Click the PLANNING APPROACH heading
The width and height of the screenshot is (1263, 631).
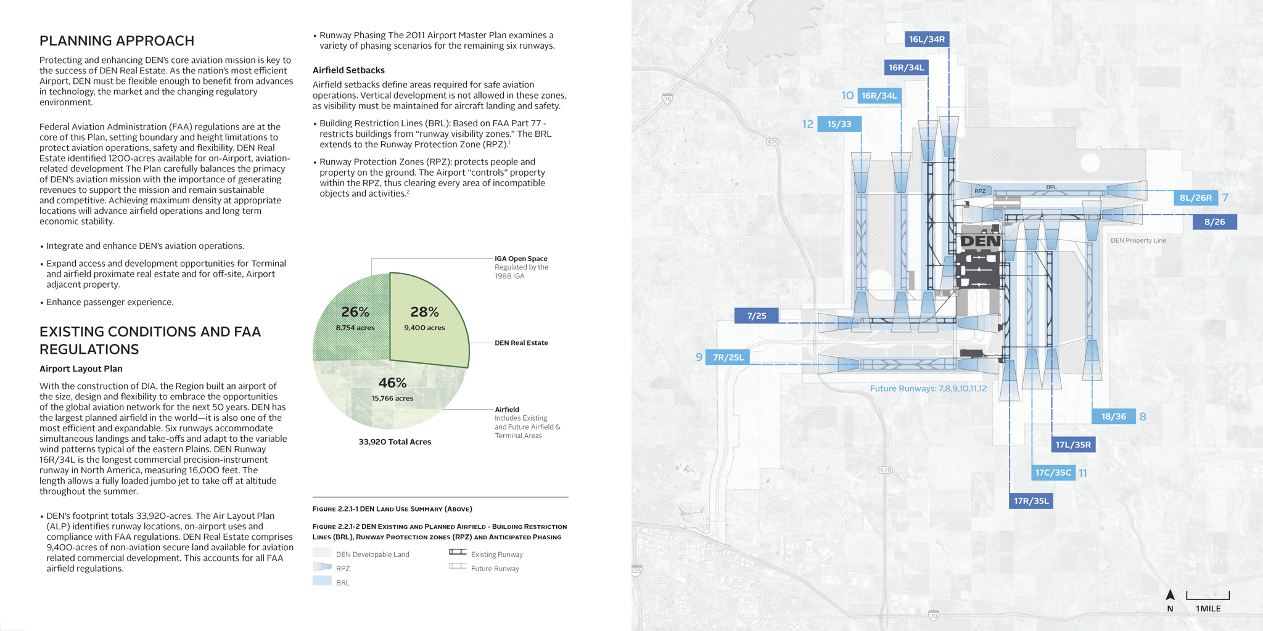coord(117,41)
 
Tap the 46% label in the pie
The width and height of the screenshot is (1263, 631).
coord(392,383)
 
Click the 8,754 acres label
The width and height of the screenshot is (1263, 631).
coord(355,328)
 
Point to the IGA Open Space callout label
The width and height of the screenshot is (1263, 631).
coord(520,259)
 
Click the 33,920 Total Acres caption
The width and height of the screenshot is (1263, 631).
coord(395,442)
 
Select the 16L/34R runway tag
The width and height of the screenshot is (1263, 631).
coord(926,39)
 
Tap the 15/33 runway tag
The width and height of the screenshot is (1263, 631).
coord(839,124)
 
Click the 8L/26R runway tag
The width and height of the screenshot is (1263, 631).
coord(1195,198)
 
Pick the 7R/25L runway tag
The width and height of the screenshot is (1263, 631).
coord(728,357)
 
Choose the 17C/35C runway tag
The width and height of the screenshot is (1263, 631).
coord(1053,473)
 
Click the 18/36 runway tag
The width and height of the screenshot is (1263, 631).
coord(1113,417)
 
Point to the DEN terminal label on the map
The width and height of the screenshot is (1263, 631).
coord(981,241)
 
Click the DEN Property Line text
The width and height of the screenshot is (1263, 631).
coord(1138,240)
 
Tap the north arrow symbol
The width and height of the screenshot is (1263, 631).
coord(1170,595)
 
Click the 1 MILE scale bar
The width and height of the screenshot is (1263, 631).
coord(1207,596)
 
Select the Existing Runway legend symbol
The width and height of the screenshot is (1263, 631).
coord(458,552)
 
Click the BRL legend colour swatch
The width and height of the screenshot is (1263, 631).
coord(322,581)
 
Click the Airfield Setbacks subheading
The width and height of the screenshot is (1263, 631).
coord(348,70)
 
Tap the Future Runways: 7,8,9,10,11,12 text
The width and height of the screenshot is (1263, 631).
coord(928,388)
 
